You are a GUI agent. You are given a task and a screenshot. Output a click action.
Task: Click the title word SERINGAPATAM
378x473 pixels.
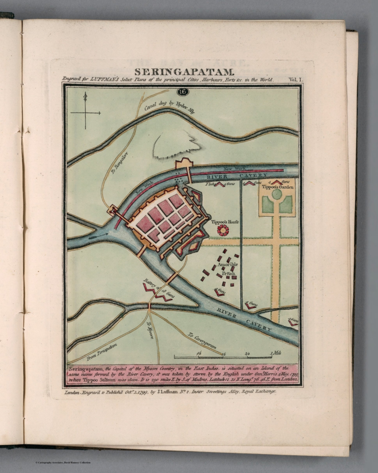coord(184,72)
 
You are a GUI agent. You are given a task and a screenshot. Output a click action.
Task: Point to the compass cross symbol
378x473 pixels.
coord(86,113)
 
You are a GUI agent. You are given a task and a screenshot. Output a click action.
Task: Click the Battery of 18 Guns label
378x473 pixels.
coord(159,288)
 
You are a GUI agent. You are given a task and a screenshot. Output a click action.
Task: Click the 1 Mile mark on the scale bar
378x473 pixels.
coord(276,354)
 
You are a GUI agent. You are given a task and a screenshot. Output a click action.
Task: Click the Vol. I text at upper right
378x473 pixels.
coord(296,79)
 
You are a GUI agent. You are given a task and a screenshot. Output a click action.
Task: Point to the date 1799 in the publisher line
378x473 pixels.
coord(142,392)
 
